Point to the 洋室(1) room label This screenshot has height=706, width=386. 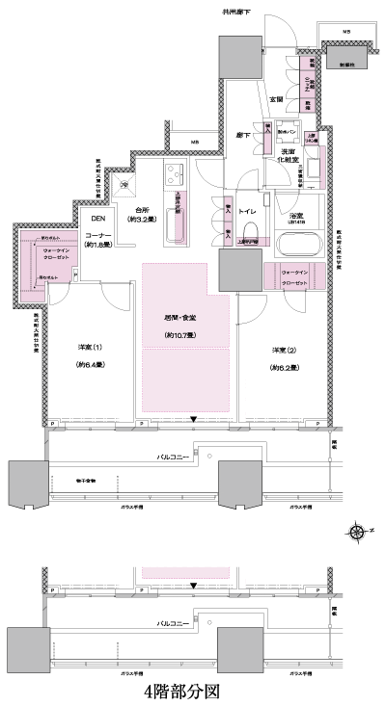click(x=89, y=348)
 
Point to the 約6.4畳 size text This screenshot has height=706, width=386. click(x=89, y=365)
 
